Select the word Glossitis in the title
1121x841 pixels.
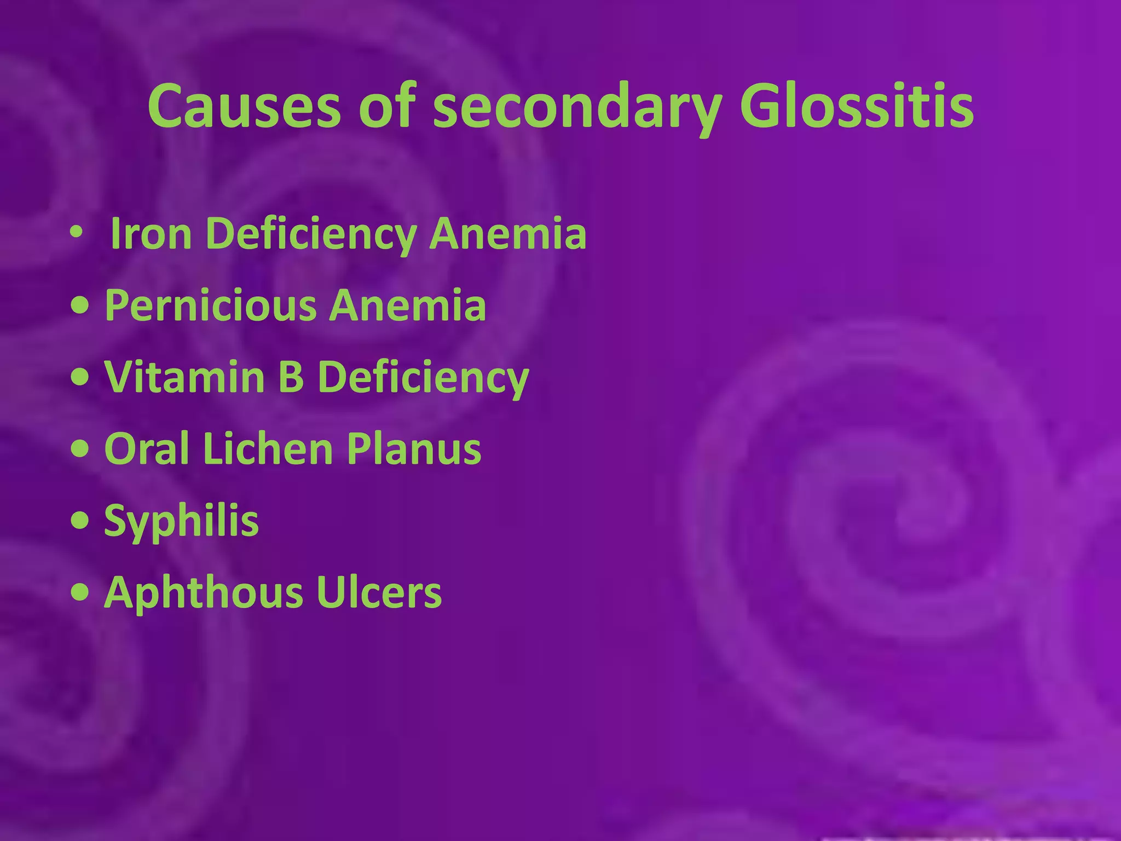(856, 106)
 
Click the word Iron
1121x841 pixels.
(151, 234)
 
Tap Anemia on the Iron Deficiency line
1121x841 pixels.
(507, 234)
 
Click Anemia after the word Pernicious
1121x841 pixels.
(407, 306)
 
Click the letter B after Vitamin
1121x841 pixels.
(291, 377)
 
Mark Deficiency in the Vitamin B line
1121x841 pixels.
(423, 377)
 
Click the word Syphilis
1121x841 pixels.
(181, 521)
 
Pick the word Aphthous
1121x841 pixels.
(203, 592)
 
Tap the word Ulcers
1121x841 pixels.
(378, 592)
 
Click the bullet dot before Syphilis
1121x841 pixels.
(80, 521)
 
